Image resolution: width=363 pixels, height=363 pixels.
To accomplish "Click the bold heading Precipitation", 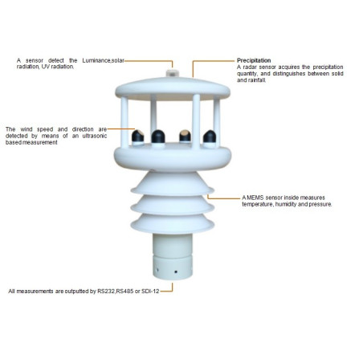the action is click(254, 60).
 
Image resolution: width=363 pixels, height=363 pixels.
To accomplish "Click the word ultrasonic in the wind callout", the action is click(95, 136).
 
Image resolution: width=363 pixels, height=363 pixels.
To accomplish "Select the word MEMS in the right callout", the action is click(255, 198).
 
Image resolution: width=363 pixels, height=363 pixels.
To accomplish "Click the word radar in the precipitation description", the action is click(250, 67).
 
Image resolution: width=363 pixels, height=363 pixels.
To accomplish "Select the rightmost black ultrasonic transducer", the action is click(210, 137).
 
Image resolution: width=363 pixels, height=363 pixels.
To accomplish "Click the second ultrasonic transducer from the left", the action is click(158, 137).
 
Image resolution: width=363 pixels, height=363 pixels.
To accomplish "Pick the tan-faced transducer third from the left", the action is click(185, 137).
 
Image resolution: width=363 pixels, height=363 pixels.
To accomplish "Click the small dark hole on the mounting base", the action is click(176, 271).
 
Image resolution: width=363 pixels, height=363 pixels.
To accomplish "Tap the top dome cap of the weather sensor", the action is click(173, 88).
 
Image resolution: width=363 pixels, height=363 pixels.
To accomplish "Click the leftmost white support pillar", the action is click(124, 122).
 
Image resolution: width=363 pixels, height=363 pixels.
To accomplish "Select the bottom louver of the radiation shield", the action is click(172, 224).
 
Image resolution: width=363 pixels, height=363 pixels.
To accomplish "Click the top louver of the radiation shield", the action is click(173, 184).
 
